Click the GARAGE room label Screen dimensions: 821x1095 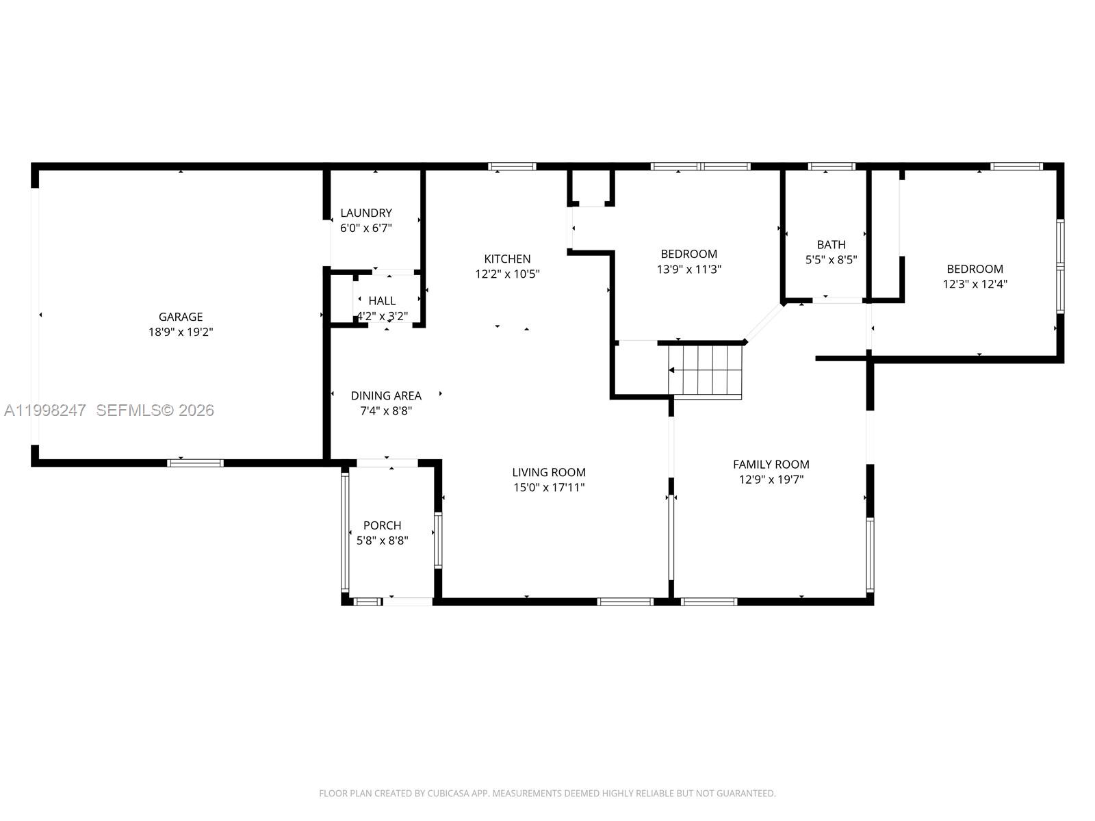click(181, 317)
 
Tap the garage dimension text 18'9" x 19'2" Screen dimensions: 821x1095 click(181, 332)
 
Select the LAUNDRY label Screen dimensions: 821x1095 click(366, 213)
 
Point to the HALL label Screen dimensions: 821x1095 click(382, 300)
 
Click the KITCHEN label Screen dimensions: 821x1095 click(507, 259)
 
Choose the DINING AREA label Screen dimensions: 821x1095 click(386, 395)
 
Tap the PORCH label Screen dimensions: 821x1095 click(382, 525)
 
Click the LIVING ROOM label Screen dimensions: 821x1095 click(549, 472)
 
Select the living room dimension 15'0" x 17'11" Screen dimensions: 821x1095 click(549, 487)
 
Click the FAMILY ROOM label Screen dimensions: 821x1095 click(771, 464)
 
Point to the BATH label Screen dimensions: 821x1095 click(831, 244)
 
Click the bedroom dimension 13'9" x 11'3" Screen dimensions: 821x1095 click(688, 269)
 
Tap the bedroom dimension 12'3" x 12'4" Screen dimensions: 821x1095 click(975, 284)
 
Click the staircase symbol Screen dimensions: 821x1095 click(706, 371)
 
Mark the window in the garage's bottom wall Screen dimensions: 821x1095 click(196, 463)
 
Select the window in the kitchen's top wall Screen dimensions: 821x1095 click(512, 166)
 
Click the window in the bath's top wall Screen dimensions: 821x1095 click(831, 166)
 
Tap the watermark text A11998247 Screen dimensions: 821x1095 click(44, 410)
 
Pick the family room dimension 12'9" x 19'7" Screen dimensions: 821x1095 click(771, 479)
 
